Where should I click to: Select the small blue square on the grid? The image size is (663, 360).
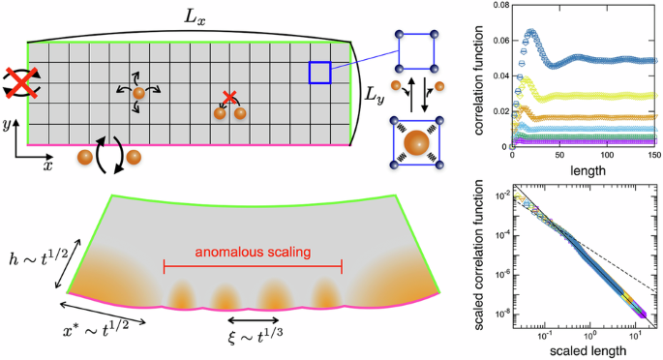tap(320, 73)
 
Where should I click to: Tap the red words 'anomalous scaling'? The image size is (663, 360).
tap(253, 252)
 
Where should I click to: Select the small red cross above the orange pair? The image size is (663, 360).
tap(229, 97)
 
